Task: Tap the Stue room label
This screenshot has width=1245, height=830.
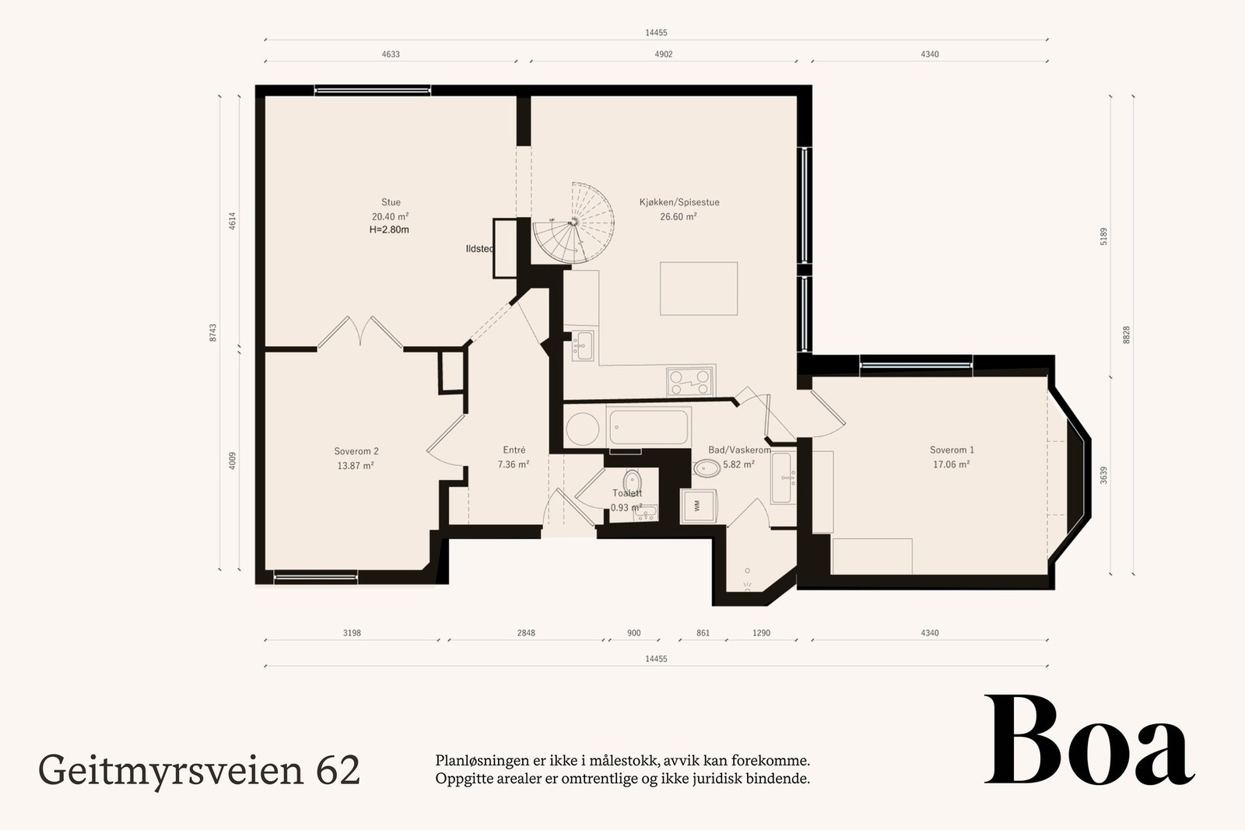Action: point(391,202)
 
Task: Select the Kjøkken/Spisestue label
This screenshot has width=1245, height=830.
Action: point(679,202)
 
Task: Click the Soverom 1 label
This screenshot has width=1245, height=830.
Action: point(952,450)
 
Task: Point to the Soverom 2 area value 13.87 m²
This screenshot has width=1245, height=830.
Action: point(355,466)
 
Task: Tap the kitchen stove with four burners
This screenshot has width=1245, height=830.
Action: point(691,382)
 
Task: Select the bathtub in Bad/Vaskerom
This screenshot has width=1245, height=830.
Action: point(649,427)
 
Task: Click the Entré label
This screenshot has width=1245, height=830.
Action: point(514,450)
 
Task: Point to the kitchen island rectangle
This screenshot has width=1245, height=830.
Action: point(699,288)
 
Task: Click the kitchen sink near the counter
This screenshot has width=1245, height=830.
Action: point(582,345)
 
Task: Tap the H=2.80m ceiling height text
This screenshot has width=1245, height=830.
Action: point(389,229)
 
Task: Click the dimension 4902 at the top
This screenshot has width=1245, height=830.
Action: point(663,54)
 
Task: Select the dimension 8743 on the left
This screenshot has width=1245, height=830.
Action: point(212,332)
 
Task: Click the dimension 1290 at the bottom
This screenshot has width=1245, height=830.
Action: point(761,633)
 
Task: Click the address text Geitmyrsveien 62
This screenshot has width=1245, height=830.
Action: point(199,770)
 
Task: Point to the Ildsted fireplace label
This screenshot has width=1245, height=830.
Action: point(479,249)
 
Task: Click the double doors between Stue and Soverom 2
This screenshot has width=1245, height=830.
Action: point(359,332)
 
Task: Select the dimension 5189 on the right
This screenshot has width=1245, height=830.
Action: point(1103,236)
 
